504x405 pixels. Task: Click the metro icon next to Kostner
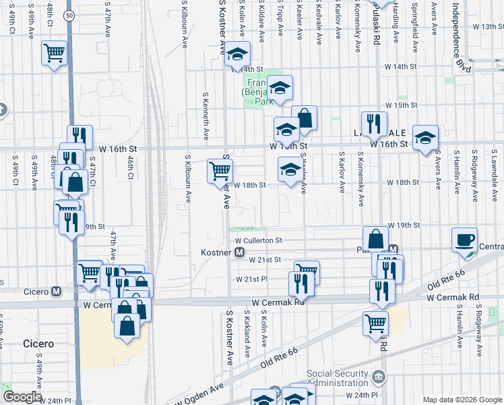coord(239,252)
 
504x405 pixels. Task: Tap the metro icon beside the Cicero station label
coord(57,292)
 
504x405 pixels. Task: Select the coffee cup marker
coord(465,241)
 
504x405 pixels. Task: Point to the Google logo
coord(22,397)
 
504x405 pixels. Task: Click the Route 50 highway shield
coord(69,14)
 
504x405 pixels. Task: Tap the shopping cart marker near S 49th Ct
coord(54,52)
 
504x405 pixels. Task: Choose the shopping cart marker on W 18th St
coord(220,171)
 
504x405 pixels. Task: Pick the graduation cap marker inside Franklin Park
coord(280,87)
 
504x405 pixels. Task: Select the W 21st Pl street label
coord(251,279)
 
